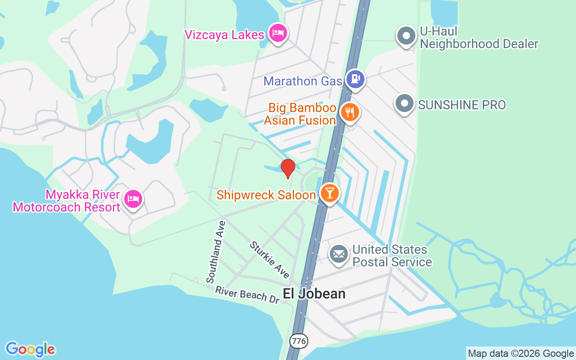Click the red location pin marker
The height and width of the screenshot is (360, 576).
pyautogui.click(x=288, y=168)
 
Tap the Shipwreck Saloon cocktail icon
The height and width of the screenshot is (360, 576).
pyautogui.click(x=330, y=193)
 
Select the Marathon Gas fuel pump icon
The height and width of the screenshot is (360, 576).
pyautogui.click(x=355, y=79)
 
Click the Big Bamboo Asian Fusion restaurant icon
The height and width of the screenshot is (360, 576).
pyautogui.click(x=349, y=112)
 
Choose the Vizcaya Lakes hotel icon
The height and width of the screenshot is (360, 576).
pyautogui.click(x=278, y=33)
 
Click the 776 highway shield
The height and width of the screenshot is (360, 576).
pyautogui.click(x=299, y=341)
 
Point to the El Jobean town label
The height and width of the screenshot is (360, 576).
pyautogui.click(x=314, y=294)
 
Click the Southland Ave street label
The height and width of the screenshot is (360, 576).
pyautogui.click(x=216, y=252)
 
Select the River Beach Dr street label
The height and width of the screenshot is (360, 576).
pyautogui.click(x=247, y=295)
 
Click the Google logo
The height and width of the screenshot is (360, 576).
pyautogui.click(x=30, y=349)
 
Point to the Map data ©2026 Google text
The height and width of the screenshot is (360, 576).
pyautogui.click(x=521, y=353)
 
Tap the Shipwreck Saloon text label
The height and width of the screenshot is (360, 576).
pyautogui.click(x=266, y=195)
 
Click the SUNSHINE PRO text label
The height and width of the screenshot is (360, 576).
pyautogui.click(x=462, y=105)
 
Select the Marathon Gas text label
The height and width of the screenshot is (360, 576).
pyautogui.click(x=302, y=81)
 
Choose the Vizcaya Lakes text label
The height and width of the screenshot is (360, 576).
pyautogui.click(x=224, y=34)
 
